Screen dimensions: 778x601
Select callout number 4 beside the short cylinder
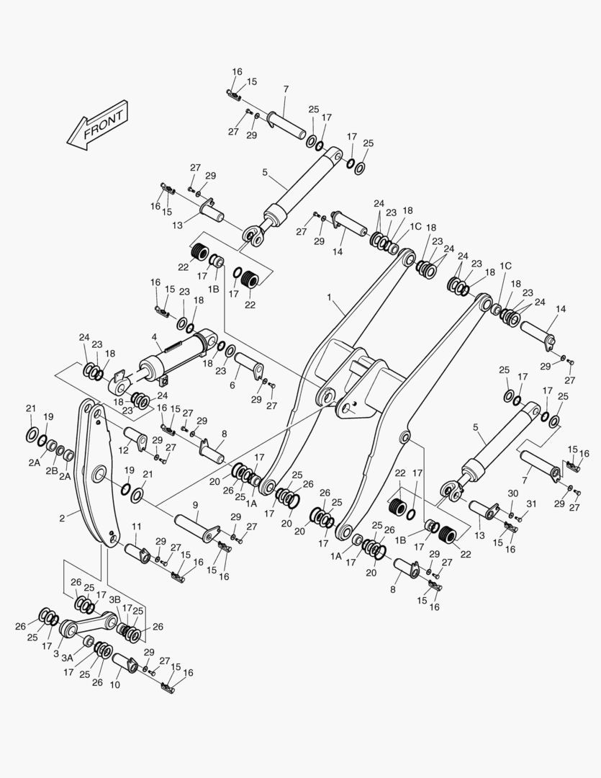154,336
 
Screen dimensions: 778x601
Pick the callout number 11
136,527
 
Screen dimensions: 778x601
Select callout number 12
124,450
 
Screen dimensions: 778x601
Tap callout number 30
512,493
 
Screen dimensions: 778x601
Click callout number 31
531,503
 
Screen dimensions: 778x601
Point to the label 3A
67,658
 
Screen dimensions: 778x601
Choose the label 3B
114,599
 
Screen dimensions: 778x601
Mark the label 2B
52,470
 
